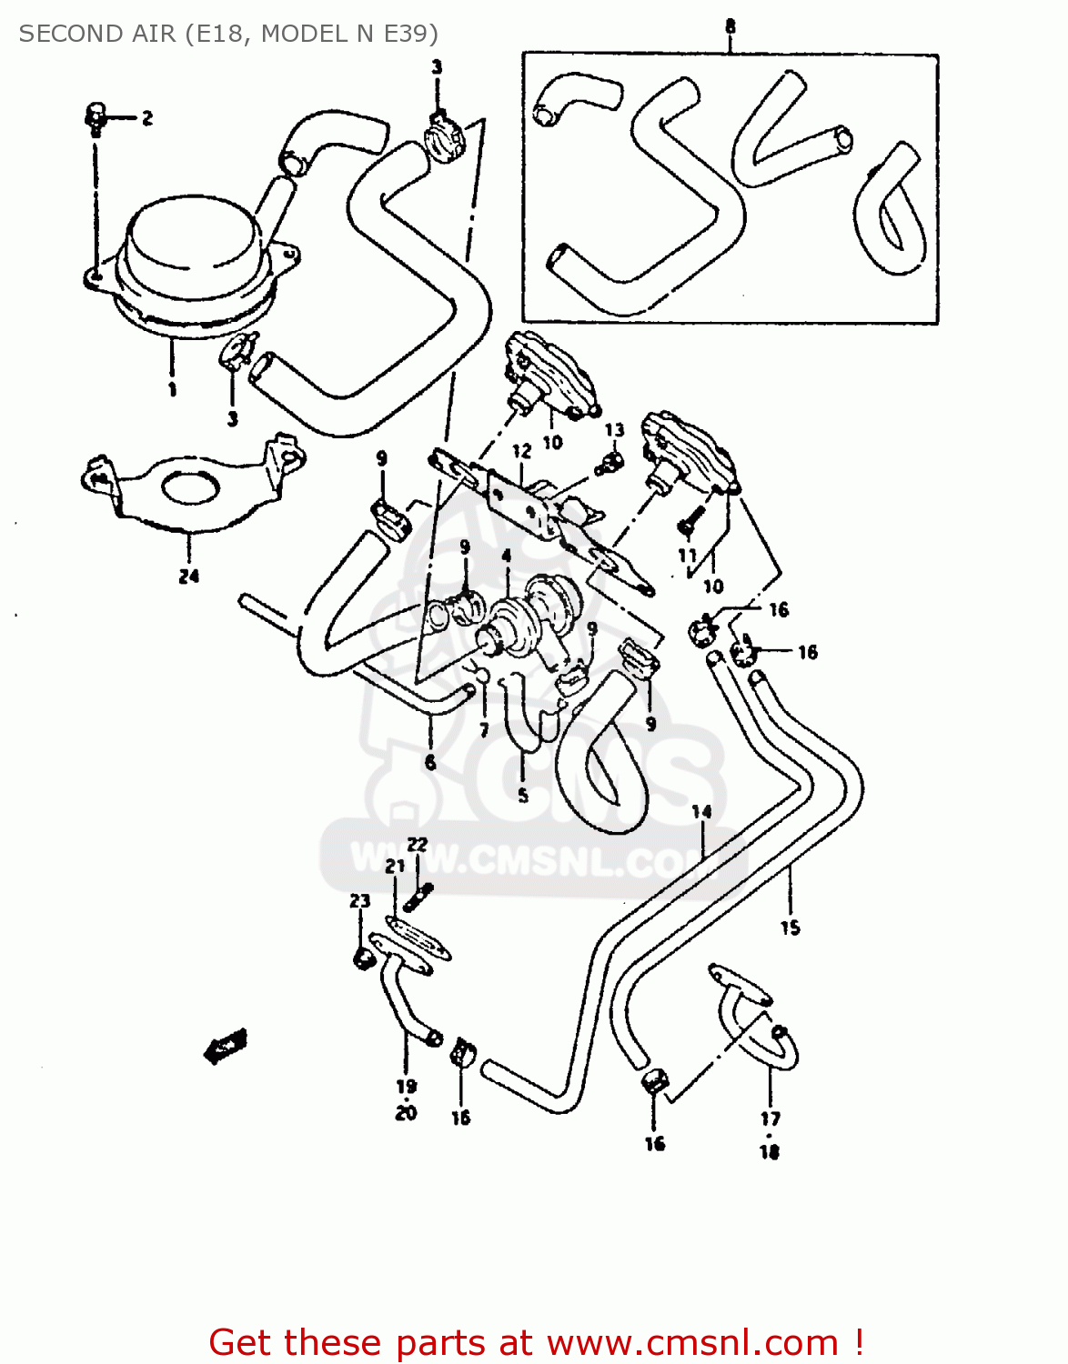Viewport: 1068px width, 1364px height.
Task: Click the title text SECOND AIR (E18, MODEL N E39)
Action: point(228,34)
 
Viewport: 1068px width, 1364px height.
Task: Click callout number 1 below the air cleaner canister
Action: point(172,390)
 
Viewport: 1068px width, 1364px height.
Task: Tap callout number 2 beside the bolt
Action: point(147,118)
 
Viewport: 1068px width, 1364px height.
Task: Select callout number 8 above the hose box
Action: point(730,26)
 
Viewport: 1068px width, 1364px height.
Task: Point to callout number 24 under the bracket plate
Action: point(188,576)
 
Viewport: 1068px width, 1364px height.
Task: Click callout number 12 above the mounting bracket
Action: point(521,451)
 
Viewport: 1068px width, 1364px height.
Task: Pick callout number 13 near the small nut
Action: point(615,430)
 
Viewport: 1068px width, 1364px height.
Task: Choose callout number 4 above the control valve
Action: point(506,555)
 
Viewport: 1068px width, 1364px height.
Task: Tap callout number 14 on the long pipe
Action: point(701,812)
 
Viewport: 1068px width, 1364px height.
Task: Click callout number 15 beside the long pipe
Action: point(790,928)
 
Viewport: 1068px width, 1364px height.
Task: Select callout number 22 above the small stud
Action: point(417,845)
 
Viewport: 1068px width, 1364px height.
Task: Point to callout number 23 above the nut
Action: point(360,900)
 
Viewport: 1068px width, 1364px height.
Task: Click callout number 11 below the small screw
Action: point(687,555)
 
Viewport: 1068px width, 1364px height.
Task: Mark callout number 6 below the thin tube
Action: point(430,762)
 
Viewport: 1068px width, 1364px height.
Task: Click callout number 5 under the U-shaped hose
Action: point(523,796)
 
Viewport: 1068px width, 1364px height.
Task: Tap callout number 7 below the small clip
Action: point(484,729)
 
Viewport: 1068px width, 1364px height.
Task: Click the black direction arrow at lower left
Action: point(225,1046)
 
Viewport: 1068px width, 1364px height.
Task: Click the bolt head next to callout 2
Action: point(96,115)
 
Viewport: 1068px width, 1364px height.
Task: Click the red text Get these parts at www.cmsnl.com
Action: point(536,1342)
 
